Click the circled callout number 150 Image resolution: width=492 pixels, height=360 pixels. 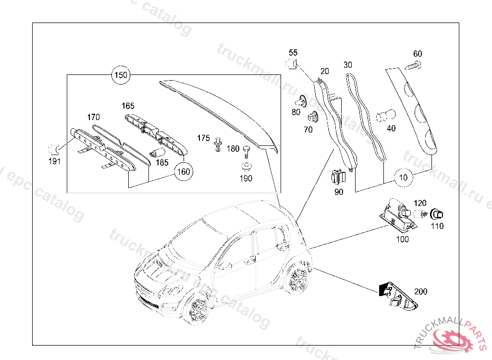[x=121, y=75]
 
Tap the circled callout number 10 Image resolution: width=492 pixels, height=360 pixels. [x=404, y=178]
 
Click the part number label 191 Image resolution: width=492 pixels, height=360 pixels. [x=55, y=161]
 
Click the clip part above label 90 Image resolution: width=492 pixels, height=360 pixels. [x=338, y=178]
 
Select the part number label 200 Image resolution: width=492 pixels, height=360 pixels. [x=420, y=291]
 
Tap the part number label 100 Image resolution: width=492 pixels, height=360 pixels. [x=403, y=239]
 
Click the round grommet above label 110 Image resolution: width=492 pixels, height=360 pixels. [x=437, y=214]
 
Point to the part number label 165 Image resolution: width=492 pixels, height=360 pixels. [x=128, y=106]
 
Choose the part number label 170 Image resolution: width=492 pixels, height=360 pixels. [x=93, y=117]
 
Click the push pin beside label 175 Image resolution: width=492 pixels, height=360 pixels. [x=219, y=144]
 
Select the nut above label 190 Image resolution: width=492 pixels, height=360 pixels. [x=246, y=168]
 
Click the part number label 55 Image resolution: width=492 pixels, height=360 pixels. [x=293, y=52]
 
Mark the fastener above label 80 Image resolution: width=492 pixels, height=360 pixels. [x=301, y=101]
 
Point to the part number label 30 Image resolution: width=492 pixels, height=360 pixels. [x=348, y=64]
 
